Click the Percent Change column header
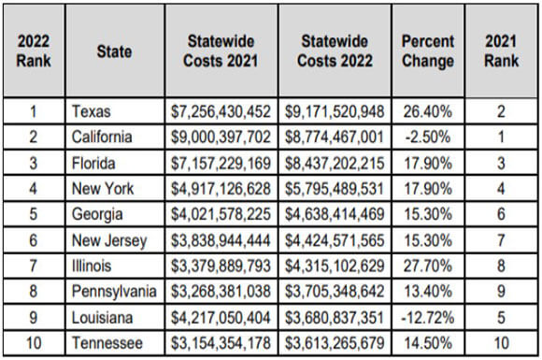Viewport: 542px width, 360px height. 428,50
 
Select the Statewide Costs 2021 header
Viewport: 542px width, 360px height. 221,50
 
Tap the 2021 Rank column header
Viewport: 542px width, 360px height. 501,50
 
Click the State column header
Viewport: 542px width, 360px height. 114,51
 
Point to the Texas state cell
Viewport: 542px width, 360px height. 92,111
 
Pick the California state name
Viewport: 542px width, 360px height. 102,137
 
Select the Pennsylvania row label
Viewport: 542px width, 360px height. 114,292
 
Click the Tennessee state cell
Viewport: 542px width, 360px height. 107,343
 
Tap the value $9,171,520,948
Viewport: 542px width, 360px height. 335,111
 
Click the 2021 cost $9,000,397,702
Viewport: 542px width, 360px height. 221,137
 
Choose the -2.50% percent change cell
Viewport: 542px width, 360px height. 428,137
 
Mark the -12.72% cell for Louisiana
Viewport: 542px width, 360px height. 428,318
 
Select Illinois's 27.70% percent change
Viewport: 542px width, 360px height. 428,266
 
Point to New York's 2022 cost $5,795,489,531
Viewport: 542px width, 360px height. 335,189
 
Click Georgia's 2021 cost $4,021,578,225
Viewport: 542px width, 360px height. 221,214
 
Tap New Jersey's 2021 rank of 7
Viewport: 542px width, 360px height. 501,240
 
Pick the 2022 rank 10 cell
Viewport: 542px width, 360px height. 34,343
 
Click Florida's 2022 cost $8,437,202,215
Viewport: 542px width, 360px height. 335,164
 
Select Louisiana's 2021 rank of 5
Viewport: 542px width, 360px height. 501,318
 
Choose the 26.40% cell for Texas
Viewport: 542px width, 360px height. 428,111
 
